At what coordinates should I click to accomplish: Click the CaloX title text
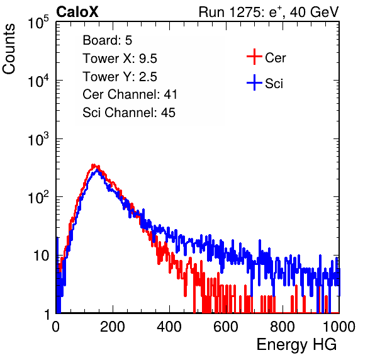[77, 12]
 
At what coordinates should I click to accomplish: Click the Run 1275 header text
[269, 13]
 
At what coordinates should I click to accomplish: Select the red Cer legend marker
[254, 57]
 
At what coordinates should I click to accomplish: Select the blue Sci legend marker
[254, 82]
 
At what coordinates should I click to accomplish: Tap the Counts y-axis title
[9, 49]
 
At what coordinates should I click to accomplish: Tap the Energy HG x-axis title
[296, 344]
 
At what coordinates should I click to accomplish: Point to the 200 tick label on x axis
[113, 327]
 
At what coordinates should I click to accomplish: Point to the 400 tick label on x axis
[169, 327]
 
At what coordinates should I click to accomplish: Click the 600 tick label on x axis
[226, 327]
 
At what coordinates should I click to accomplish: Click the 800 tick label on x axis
[283, 327]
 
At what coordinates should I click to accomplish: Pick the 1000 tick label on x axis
[339, 327]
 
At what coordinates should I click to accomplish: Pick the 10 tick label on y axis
[42, 256]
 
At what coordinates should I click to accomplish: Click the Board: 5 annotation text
[107, 40]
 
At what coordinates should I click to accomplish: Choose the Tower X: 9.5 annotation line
[120, 59]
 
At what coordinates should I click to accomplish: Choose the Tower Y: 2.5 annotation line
[120, 77]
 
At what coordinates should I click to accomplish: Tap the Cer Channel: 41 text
[130, 94]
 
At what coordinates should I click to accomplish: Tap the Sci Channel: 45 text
[129, 113]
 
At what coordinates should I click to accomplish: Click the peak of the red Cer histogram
[94, 165]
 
